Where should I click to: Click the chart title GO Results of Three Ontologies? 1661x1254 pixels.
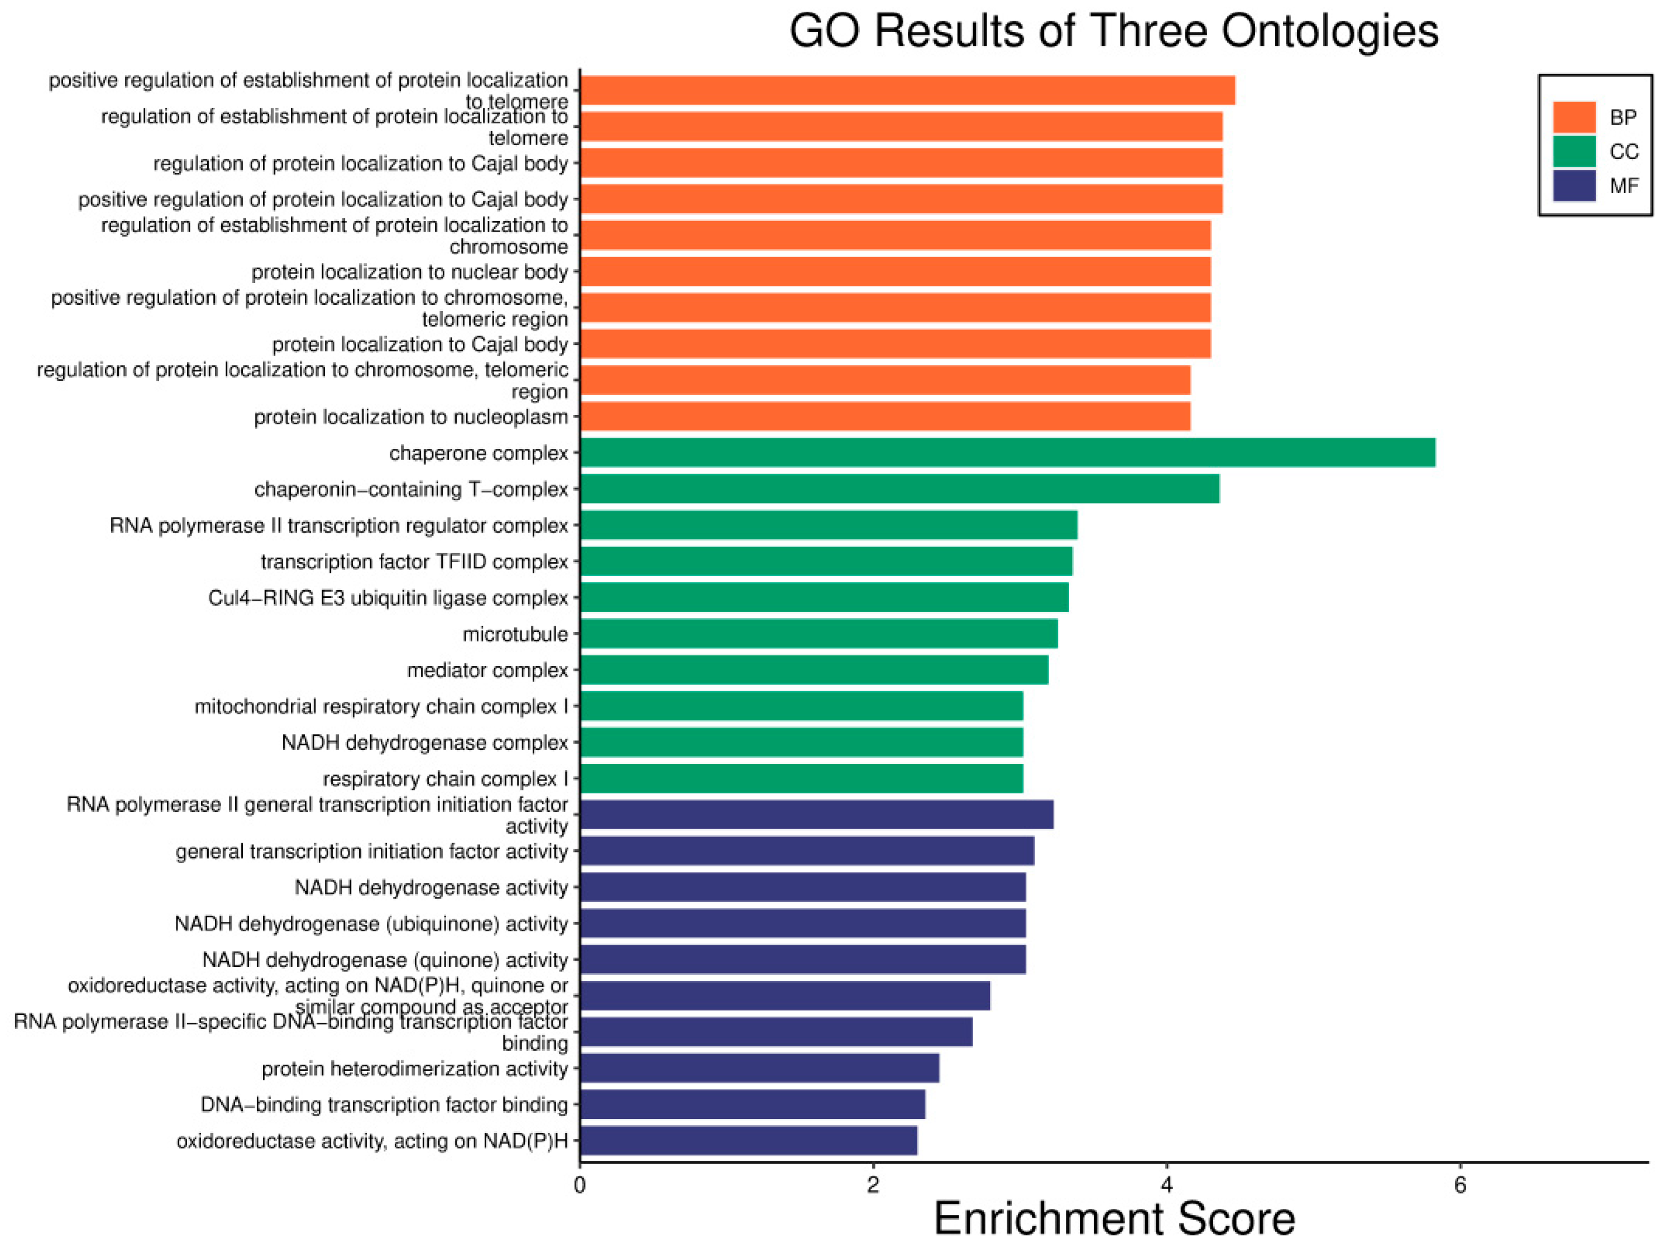pos(1114,31)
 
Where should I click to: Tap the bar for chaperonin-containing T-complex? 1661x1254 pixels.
pos(899,489)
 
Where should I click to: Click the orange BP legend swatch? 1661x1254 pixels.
pos(1574,117)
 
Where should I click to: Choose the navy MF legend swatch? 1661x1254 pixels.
pos(1574,185)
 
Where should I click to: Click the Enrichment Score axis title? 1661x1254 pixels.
pos(1114,1219)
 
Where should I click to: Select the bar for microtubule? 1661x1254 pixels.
pos(818,634)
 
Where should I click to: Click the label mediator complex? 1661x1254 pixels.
pos(487,670)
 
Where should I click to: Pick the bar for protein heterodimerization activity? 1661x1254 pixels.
pos(759,1068)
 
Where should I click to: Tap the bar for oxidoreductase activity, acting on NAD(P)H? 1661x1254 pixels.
pos(748,1141)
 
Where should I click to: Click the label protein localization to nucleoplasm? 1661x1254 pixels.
pos(411,417)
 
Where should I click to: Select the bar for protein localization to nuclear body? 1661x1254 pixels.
pos(895,272)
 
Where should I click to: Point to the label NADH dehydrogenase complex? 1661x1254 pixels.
pos(424,743)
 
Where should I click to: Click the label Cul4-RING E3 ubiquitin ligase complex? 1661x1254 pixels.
pos(387,598)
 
